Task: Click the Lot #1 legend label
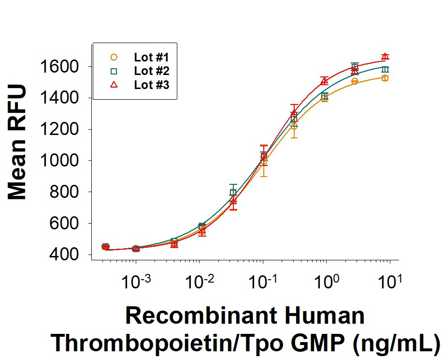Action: point(149,57)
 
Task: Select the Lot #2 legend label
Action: point(149,71)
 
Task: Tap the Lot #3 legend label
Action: point(149,85)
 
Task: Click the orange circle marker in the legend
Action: point(114,57)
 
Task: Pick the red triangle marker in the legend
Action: point(114,85)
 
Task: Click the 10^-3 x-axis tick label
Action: point(136,281)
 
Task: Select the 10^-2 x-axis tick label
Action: point(199,281)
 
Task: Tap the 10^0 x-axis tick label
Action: point(327,281)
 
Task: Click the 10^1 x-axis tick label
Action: point(390,281)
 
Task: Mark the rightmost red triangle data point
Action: point(385,57)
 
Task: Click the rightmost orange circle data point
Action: point(385,78)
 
